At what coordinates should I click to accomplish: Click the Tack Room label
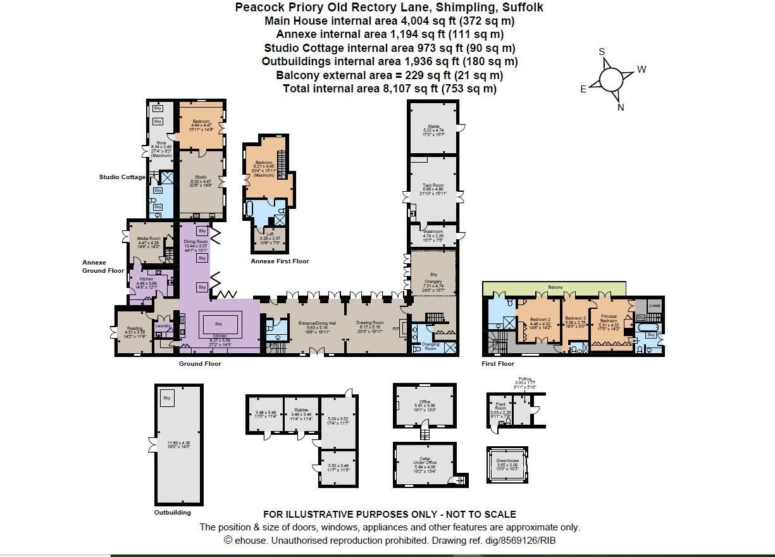click(433, 185)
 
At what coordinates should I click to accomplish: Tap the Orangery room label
click(434, 282)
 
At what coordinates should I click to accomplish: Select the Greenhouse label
click(507, 461)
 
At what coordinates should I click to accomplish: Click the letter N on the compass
click(621, 108)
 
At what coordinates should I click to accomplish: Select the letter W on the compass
click(642, 70)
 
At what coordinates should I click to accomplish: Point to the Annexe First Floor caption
click(280, 261)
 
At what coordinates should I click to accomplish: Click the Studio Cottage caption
click(122, 177)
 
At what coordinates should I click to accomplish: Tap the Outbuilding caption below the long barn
click(172, 512)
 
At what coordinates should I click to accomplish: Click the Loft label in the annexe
click(270, 234)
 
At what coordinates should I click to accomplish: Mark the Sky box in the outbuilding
click(167, 397)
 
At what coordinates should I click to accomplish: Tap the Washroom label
click(433, 232)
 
